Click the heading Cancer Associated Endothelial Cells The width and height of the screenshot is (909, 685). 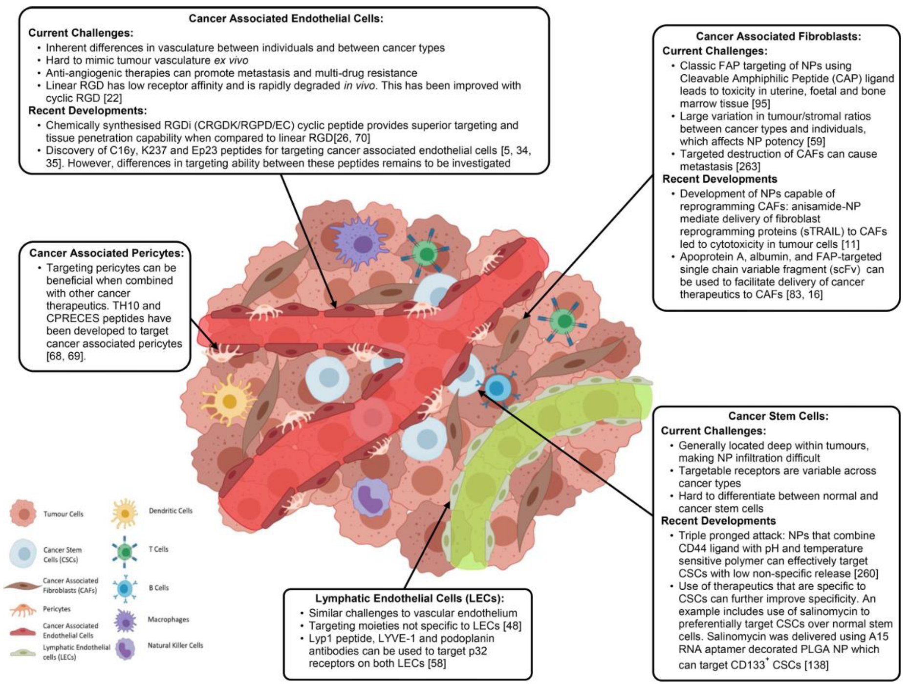pyautogui.click(x=286, y=19)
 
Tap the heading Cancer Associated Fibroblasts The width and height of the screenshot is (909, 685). pyautogui.click(x=778, y=36)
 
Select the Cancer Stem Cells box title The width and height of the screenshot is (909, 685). pyautogui.click(x=778, y=416)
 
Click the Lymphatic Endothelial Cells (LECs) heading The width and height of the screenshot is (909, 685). pyautogui.click(x=409, y=599)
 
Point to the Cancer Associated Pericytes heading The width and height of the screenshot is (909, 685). pyautogui.click(x=107, y=253)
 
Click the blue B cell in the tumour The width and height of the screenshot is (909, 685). pyautogui.click(x=497, y=388)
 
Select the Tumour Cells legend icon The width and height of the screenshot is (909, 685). pyautogui.click(x=23, y=514)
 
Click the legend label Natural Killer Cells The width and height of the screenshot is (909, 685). pyautogui.click(x=175, y=645)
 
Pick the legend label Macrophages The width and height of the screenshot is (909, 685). pyautogui.click(x=168, y=620)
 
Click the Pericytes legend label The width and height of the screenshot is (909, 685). pyautogui.click(x=57, y=609)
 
